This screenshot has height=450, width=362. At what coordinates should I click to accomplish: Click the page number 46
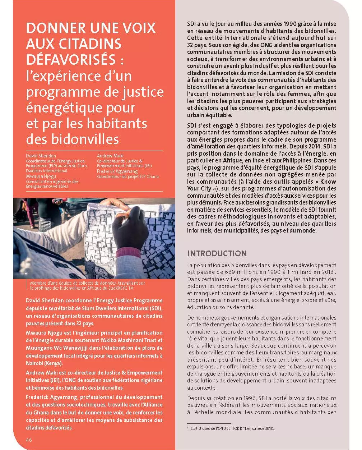pos(29,440)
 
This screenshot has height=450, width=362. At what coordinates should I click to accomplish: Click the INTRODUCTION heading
pos(217,253)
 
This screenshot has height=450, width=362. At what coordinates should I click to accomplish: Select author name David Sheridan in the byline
pos(41,156)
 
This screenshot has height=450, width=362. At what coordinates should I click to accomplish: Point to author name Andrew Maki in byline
pos(110,156)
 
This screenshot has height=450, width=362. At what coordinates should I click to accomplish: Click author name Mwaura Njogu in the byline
pos(41,176)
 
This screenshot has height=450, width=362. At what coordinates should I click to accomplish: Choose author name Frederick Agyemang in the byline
pos(117,171)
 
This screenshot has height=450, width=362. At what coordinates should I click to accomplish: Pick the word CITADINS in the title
pos(88,44)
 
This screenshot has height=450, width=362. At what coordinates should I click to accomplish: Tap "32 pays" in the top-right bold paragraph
pos(196,45)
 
